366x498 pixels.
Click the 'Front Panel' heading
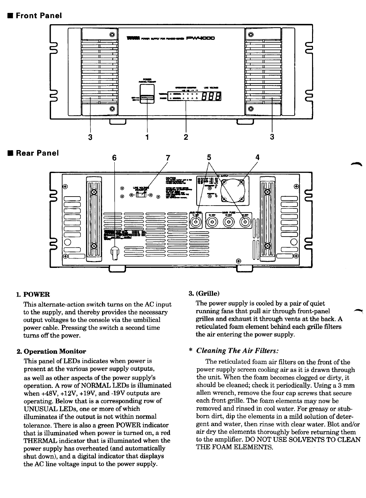pyautogui.click(x=38, y=15)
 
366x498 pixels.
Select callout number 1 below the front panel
pyautogui.click(x=147, y=137)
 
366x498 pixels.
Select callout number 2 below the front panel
pyautogui.click(x=186, y=137)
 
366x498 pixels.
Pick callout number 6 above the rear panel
pyautogui.click(x=114, y=158)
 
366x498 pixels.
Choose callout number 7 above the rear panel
pyautogui.click(x=167, y=158)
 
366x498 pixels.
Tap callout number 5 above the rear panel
pyautogui.click(x=209, y=158)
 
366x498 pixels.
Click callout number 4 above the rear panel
pyautogui.click(x=257, y=158)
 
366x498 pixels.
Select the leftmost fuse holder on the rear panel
pyautogui.click(x=196, y=222)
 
